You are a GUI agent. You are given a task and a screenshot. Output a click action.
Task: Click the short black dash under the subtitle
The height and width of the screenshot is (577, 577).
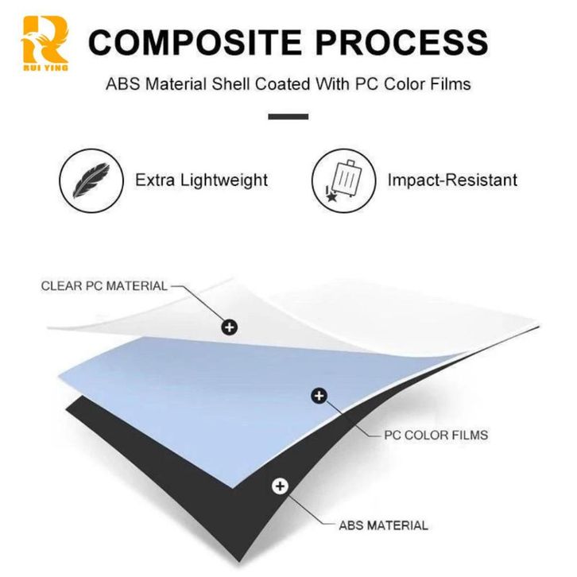(288, 116)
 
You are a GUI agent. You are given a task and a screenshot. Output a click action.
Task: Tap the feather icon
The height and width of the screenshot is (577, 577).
(91, 180)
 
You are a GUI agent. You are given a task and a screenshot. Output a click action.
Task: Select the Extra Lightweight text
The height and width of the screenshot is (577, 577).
(201, 180)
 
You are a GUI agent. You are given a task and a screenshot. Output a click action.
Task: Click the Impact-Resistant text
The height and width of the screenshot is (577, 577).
(451, 180)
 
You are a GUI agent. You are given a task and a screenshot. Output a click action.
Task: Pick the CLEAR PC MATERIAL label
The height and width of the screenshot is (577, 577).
(104, 286)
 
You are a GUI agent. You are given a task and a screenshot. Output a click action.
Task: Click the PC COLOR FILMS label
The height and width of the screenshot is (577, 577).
(436, 435)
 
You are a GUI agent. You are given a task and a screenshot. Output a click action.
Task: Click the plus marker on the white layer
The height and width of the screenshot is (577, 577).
(230, 326)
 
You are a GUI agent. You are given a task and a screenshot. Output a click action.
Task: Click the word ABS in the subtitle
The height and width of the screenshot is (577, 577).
(121, 83)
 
